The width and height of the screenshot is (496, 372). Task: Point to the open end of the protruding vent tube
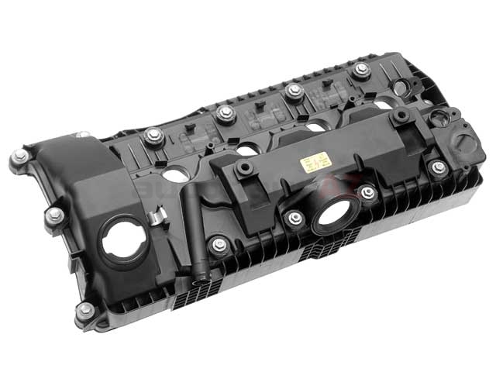[x=204, y=274]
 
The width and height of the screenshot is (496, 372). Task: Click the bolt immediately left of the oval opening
[x=294, y=219]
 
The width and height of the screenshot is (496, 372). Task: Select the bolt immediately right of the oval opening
[x=367, y=193]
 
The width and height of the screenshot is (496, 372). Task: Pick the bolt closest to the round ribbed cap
[x=439, y=167]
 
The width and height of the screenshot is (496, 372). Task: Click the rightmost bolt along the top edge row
[x=360, y=71]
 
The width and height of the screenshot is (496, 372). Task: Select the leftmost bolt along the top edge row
[x=153, y=136]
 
